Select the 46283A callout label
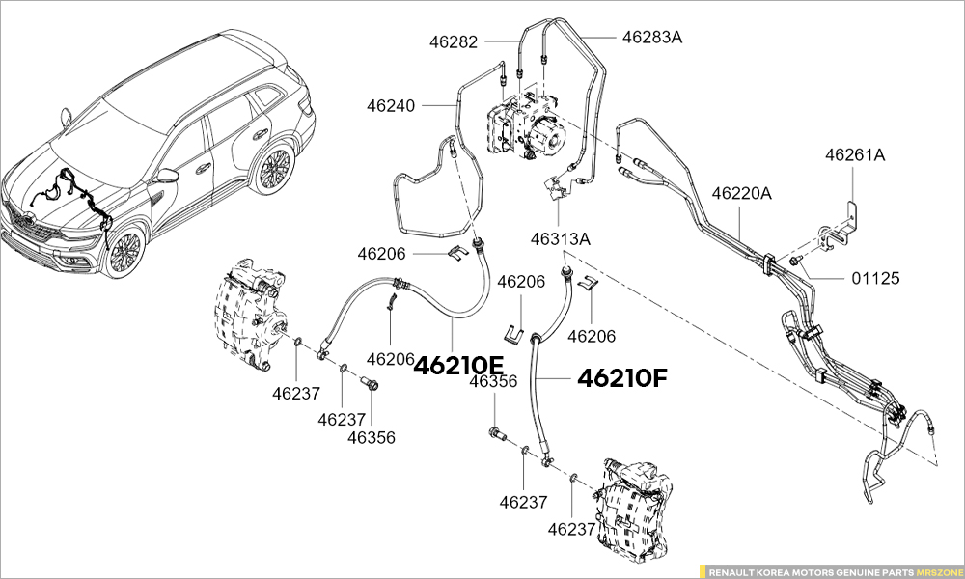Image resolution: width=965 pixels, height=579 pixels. [652, 38]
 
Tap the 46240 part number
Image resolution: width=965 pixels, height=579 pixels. [391, 105]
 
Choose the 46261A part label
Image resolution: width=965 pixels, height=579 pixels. [854, 154]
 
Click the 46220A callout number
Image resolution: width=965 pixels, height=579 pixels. [742, 193]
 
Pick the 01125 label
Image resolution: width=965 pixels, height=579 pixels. [875, 278]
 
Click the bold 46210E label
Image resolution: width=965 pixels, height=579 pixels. [458, 365]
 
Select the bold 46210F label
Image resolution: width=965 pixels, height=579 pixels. [622, 377]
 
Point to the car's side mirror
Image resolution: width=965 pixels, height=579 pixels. [167, 176]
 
